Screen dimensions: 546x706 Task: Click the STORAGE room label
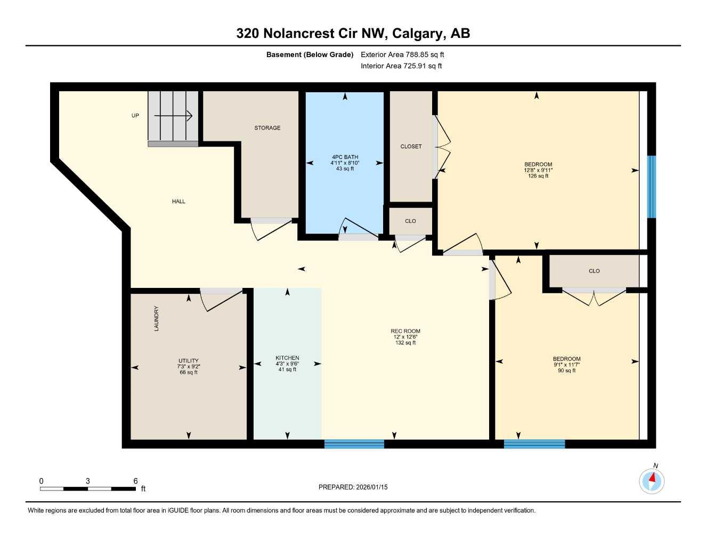coord(267,128)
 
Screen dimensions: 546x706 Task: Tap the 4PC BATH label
coord(345,157)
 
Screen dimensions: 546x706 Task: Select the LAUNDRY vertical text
coord(157,318)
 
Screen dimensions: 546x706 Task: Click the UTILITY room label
coord(189,361)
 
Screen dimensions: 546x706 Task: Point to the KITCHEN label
coord(287,358)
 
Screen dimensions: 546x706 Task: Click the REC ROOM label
coord(405,331)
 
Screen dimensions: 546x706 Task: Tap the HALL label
coord(178,202)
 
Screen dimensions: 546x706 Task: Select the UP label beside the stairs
coord(135,116)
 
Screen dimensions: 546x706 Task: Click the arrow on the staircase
coord(173,115)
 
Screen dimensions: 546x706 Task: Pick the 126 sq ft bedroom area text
coord(538,176)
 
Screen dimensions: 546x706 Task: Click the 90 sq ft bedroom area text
coord(566,371)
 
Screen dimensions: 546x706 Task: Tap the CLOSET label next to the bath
coord(411,147)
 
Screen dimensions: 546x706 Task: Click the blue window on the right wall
coord(651,187)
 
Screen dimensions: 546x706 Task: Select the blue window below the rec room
coord(354,444)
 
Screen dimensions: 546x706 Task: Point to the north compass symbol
coord(652,481)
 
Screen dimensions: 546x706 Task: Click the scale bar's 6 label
coord(135,481)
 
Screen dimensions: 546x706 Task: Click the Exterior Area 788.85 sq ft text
coord(402,54)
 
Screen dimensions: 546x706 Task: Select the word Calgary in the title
coord(418,34)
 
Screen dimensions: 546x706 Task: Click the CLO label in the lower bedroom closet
coord(594,271)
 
